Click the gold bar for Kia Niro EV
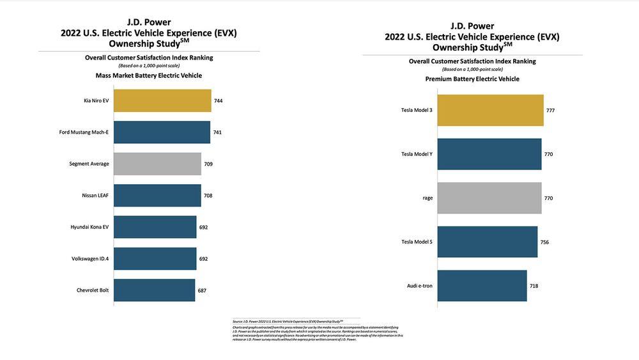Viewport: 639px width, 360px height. coord(162,101)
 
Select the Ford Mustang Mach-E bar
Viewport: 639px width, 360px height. coord(162,132)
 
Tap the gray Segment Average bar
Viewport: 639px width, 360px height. coord(157,164)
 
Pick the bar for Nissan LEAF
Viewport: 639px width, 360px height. coord(157,195)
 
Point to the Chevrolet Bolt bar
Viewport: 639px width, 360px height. coord(154,290)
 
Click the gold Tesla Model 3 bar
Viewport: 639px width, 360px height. coord(491,111)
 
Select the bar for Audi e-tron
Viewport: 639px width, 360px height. coord(482,286)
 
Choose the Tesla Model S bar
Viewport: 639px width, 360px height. coord(488,242)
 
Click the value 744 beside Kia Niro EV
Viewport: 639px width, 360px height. coord(219,101)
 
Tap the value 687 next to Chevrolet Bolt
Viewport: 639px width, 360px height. coord(202,290)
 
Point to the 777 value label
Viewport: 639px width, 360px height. coord(550,111)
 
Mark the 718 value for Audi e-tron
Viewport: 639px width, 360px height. coord(534,286)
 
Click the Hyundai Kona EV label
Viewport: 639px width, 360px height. coord(89,227)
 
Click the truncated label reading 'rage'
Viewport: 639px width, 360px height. coord(427,198)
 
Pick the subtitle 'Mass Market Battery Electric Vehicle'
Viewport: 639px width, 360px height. coord(149,75)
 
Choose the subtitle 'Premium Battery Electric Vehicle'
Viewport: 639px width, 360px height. coord(472,79)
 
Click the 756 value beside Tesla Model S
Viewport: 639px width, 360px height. coord(544,242)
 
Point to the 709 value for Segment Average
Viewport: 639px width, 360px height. coord(208,164)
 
